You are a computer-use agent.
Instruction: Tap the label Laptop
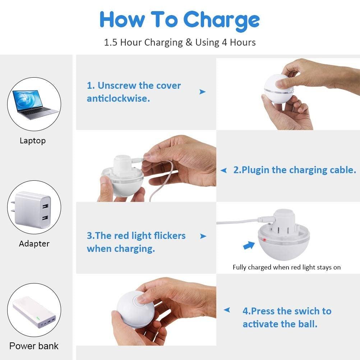pos(33,140)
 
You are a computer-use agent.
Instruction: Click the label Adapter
pos(34,244)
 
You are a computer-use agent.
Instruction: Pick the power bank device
pos(34,313)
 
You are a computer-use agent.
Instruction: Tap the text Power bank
pos(34,346)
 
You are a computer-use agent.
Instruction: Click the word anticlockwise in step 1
pos(118,98)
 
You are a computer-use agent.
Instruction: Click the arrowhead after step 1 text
pos(203,92)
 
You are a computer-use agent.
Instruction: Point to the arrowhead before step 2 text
pos(223,170)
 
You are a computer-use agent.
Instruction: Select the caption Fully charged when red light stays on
pos(286,267)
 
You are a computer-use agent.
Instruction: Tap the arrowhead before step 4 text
pos(227,310)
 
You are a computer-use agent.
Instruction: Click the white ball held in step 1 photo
pos(277,88)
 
